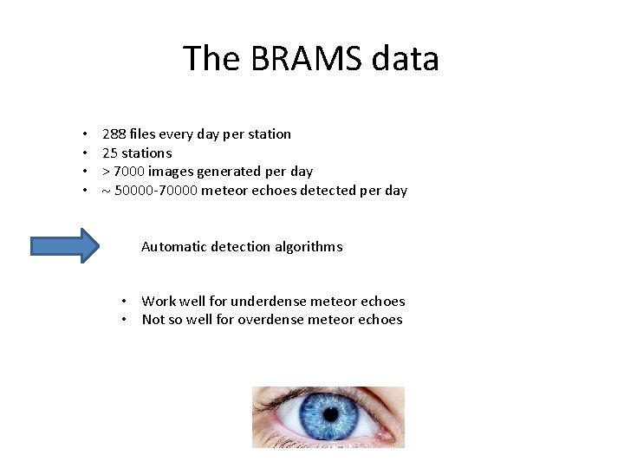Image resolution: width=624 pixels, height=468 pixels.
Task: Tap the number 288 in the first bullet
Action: click(x=114, y=133)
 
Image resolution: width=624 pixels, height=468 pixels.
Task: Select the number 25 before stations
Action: click(x=109, y=153)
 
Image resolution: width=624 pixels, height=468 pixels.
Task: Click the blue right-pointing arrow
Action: click(x=66, y=246)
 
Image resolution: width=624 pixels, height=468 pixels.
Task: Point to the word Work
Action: click(x=157, y=302)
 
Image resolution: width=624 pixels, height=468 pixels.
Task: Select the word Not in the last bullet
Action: click(x=153, y=320)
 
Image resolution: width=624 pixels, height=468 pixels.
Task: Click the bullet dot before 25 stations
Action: click(x=85, y=153)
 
